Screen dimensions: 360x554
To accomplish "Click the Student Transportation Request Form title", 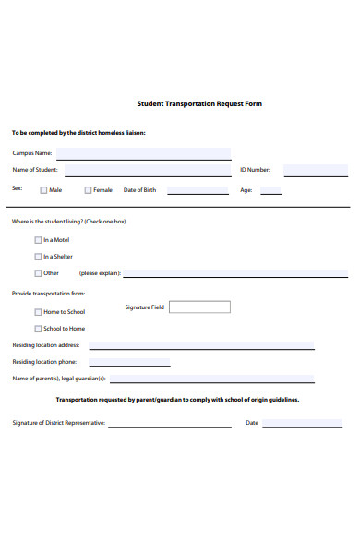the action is coord(199,104).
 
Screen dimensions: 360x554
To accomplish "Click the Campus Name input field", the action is coord(144,153).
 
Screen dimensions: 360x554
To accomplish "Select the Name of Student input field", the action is coord(148,170).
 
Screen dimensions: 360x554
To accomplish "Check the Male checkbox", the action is coord(43,190).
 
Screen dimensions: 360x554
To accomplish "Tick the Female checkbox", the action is coord(89,190).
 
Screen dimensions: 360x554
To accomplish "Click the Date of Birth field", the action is coord(198,190).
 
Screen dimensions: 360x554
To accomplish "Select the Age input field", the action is coord(270,190).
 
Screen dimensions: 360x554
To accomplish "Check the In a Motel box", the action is coord(38,240).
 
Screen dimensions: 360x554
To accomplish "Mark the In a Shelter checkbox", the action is coord(38,257).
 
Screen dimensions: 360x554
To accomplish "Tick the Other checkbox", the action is coord(38,273).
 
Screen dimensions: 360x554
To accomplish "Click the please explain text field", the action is coord(235,273).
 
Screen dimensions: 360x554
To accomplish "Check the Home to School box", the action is coord(38,312).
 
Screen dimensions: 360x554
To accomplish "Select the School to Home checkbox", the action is coord(38,329).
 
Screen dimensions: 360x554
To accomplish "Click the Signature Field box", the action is coord(200,307).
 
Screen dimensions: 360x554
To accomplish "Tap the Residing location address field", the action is coord(201,345).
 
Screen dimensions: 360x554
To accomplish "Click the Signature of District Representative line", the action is coord(170,423).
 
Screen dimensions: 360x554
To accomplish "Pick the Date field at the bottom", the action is coord(302,423).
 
